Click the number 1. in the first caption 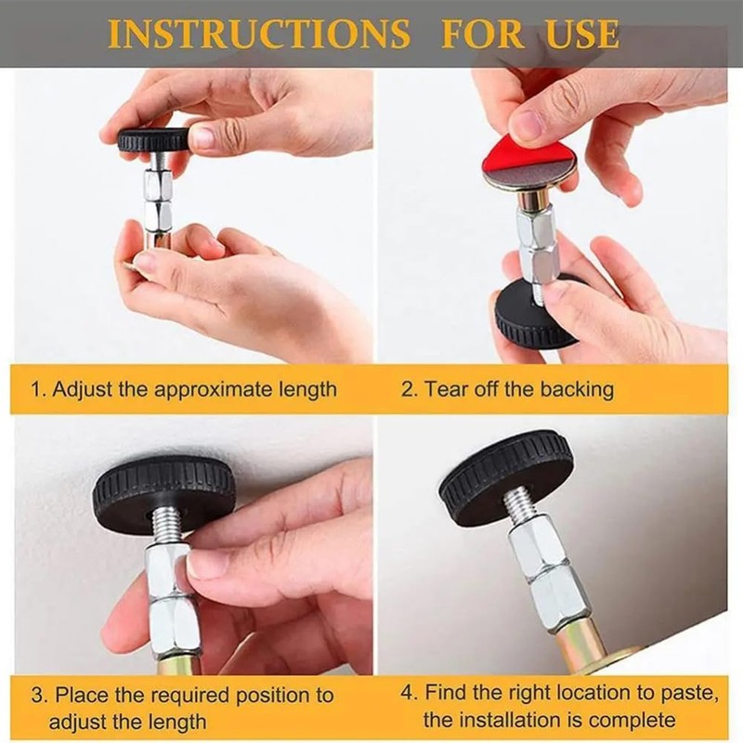tap(37, 388)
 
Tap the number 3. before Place tap(37, 695)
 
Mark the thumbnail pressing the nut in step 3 tap(207, 564)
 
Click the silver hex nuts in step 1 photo tap(157, 200)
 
